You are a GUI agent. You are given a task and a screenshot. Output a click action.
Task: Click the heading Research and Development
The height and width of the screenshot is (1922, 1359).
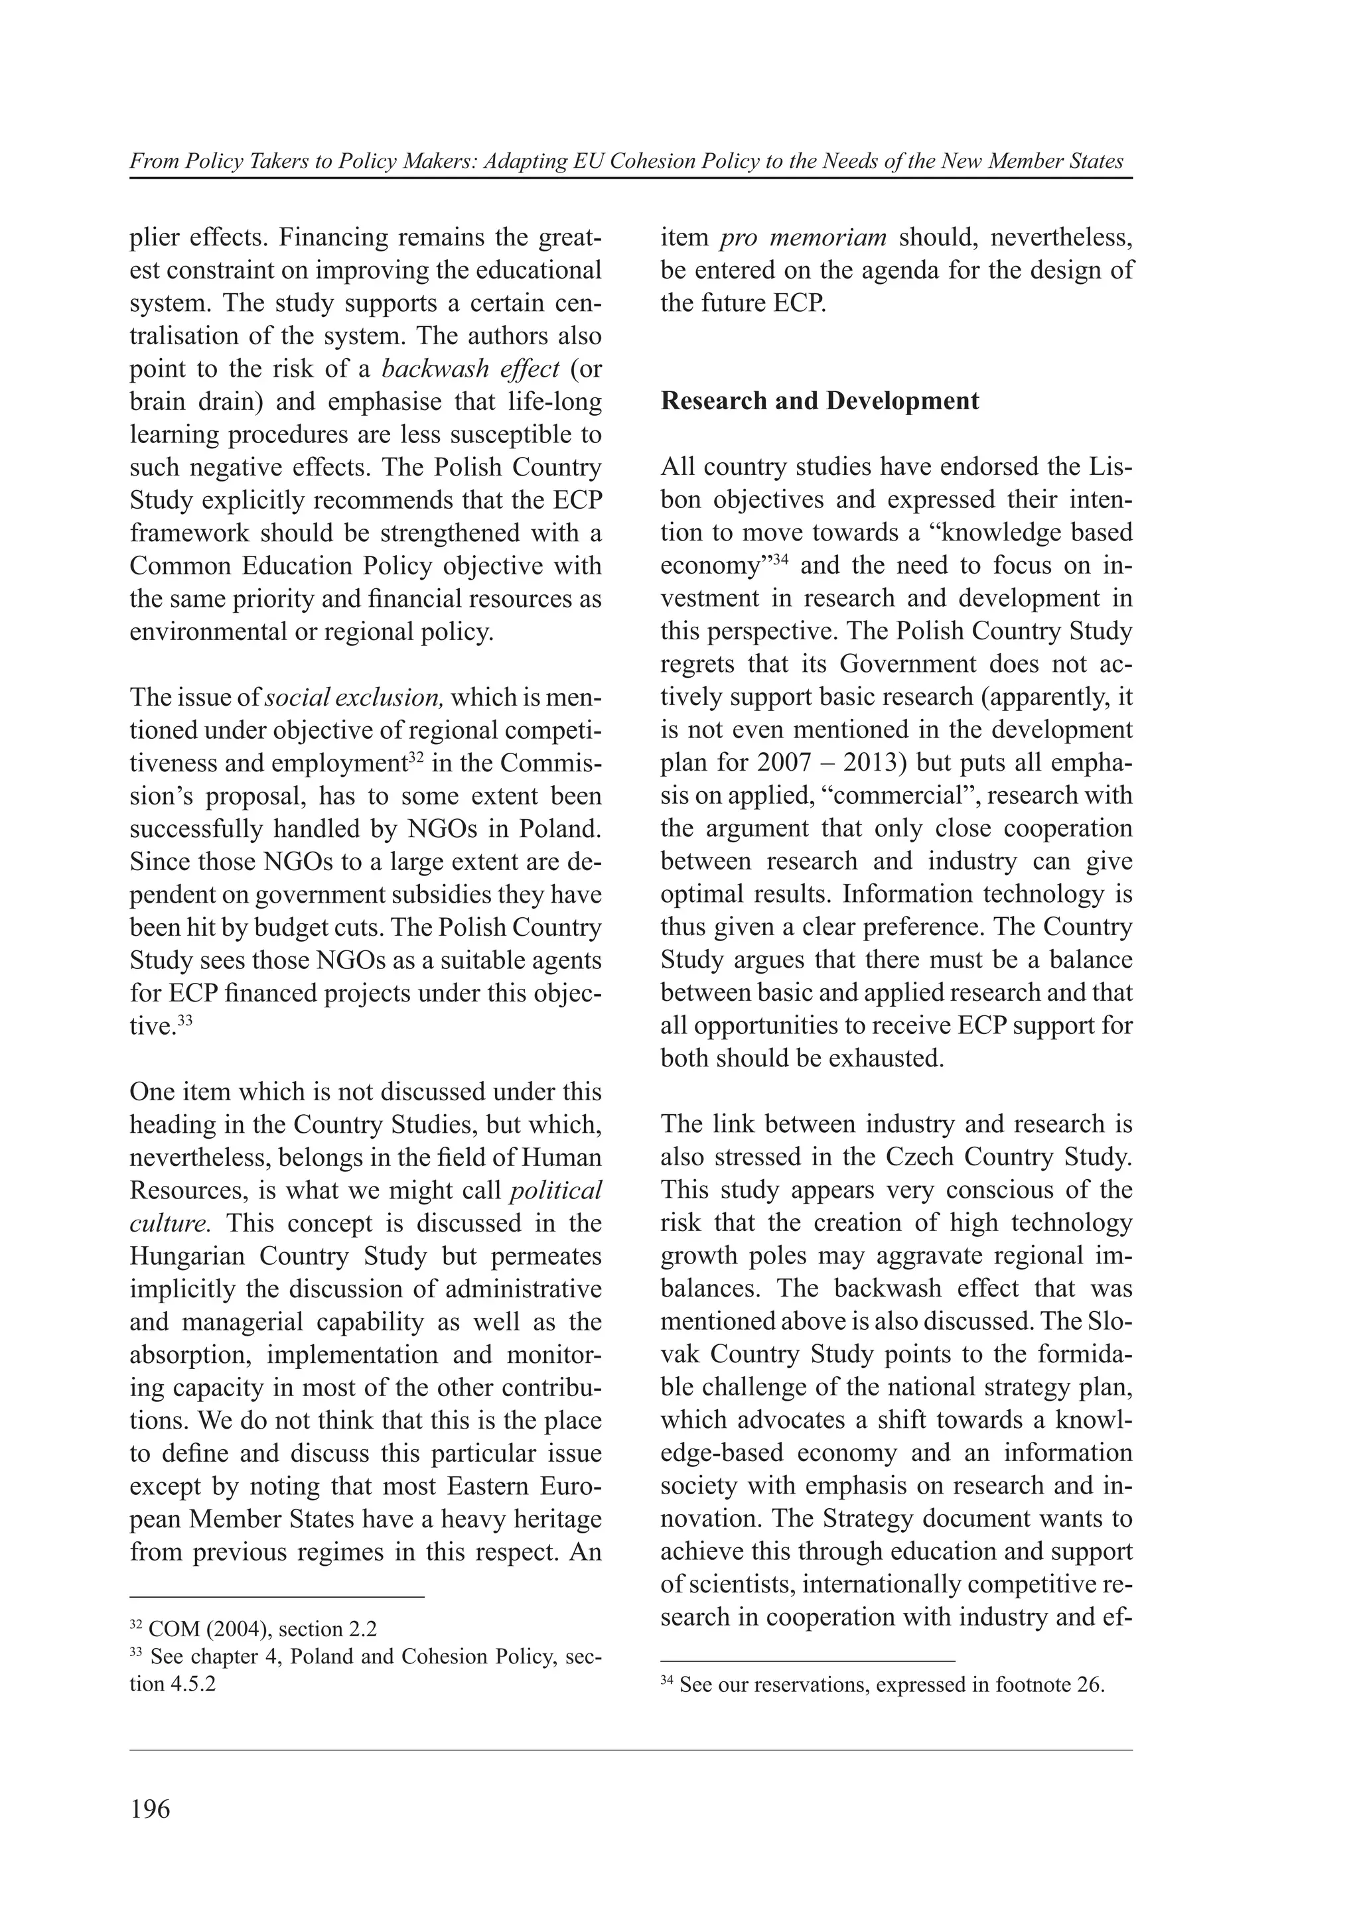point(819,401)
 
